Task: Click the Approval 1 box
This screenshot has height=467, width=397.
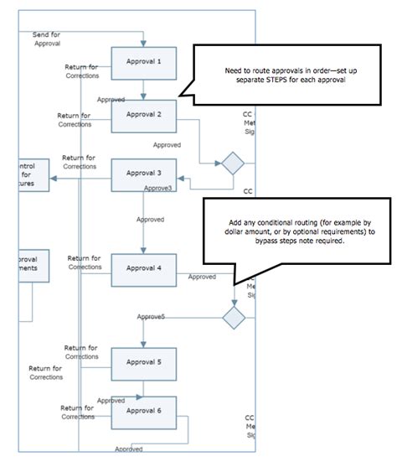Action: tap(143, 61)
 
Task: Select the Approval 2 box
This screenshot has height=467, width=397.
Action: tap(143, 115)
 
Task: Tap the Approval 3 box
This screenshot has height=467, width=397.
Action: tap(143, 174)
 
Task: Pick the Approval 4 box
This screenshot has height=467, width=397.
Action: tap(143, 269)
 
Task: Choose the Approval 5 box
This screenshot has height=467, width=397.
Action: tap(143, 362)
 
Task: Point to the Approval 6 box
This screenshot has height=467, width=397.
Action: tap(143, 411)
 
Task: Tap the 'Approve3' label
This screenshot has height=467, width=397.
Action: tap(157, 188)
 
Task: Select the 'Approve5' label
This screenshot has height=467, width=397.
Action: tap(150, 316)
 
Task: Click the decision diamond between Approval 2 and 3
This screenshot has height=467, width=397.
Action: tap(231, 162)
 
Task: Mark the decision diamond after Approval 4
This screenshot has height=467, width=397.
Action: tap(233, 318)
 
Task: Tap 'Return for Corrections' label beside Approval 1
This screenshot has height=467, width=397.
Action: tap(82, 70)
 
